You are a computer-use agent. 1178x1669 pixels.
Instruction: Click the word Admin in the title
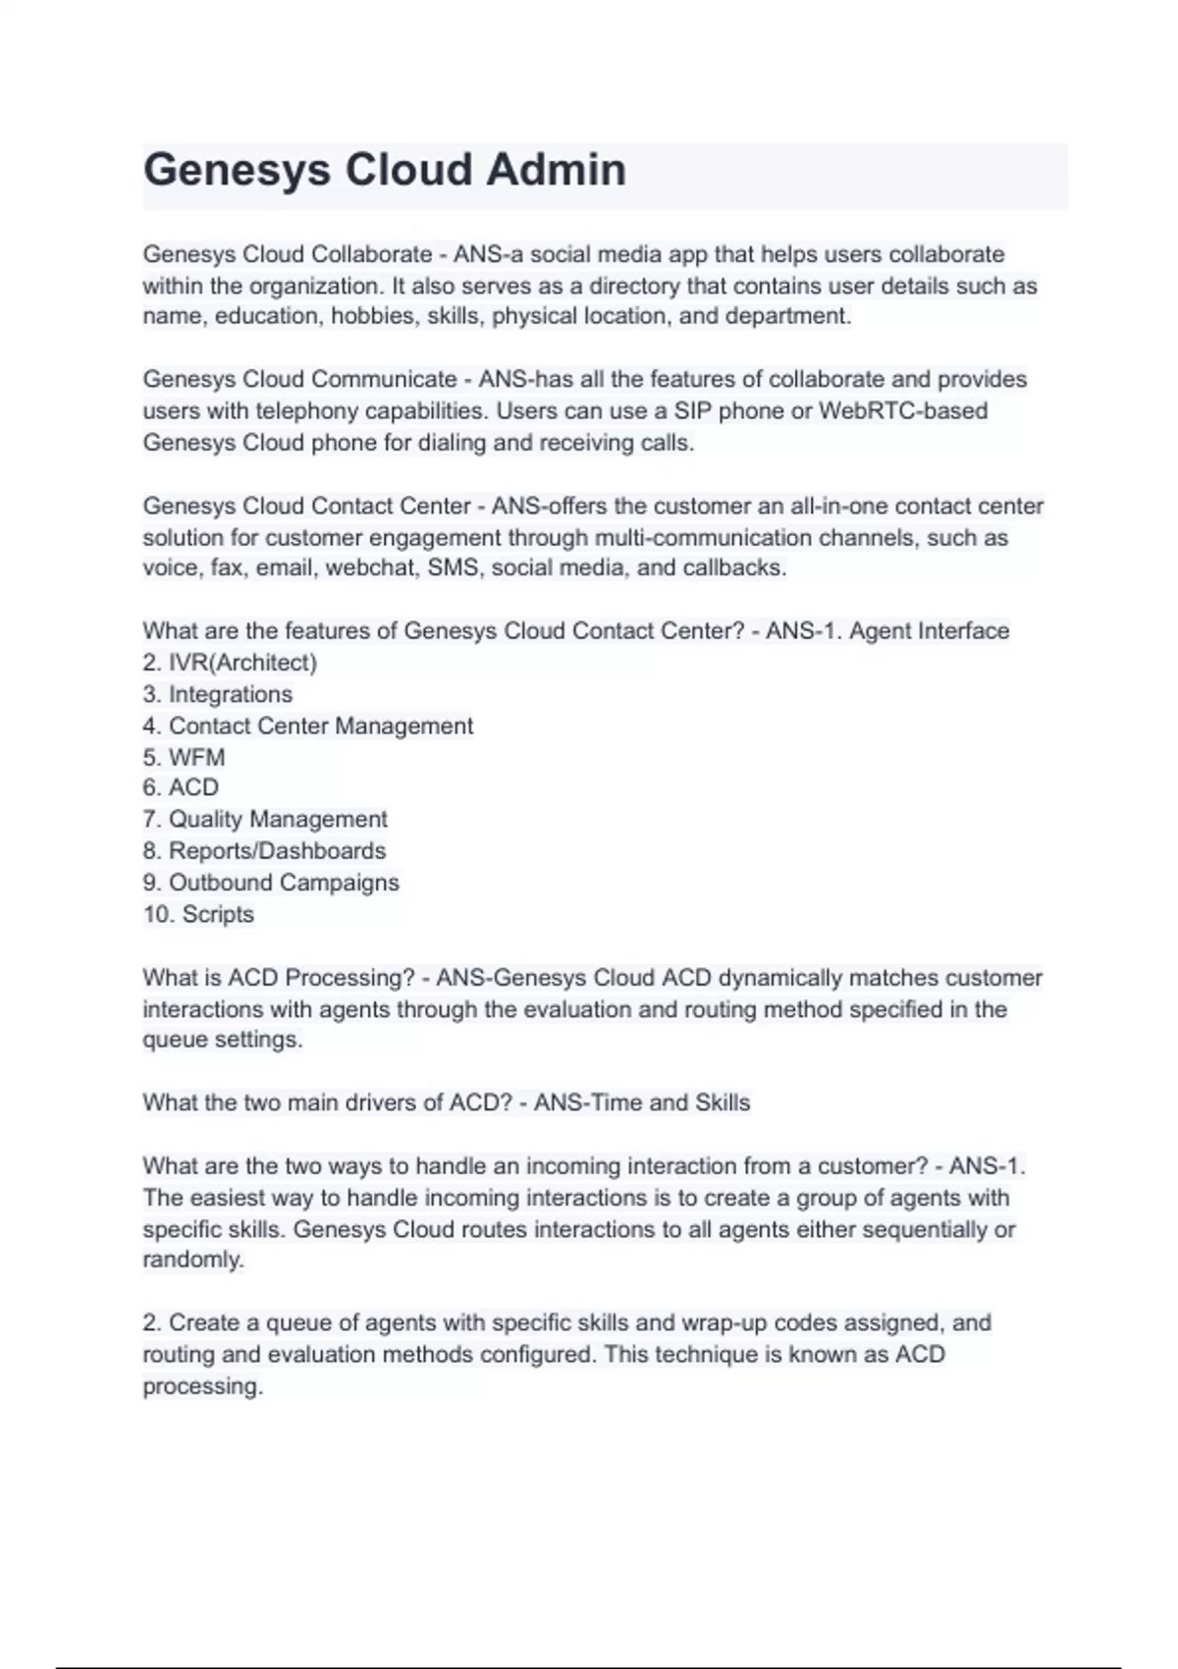point(556,170)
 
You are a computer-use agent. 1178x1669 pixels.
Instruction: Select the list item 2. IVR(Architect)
point(230,663)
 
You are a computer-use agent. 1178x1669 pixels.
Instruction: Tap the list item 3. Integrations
point(217,694)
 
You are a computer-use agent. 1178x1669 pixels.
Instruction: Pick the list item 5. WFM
point(184,757)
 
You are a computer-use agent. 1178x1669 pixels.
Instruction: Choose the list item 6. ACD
point(181,787)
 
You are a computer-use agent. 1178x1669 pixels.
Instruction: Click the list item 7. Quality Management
point(265,819)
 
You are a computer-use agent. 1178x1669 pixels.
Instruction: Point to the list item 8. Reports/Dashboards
point(264,850)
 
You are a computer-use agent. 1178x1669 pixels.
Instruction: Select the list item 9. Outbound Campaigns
point(271,883)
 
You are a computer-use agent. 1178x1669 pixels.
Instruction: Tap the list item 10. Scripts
point(198,914)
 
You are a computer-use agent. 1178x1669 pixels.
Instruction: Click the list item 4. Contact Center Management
point(307,726)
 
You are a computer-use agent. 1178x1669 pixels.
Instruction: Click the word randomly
point(191,1260)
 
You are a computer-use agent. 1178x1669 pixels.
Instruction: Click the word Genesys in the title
point(237,170)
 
